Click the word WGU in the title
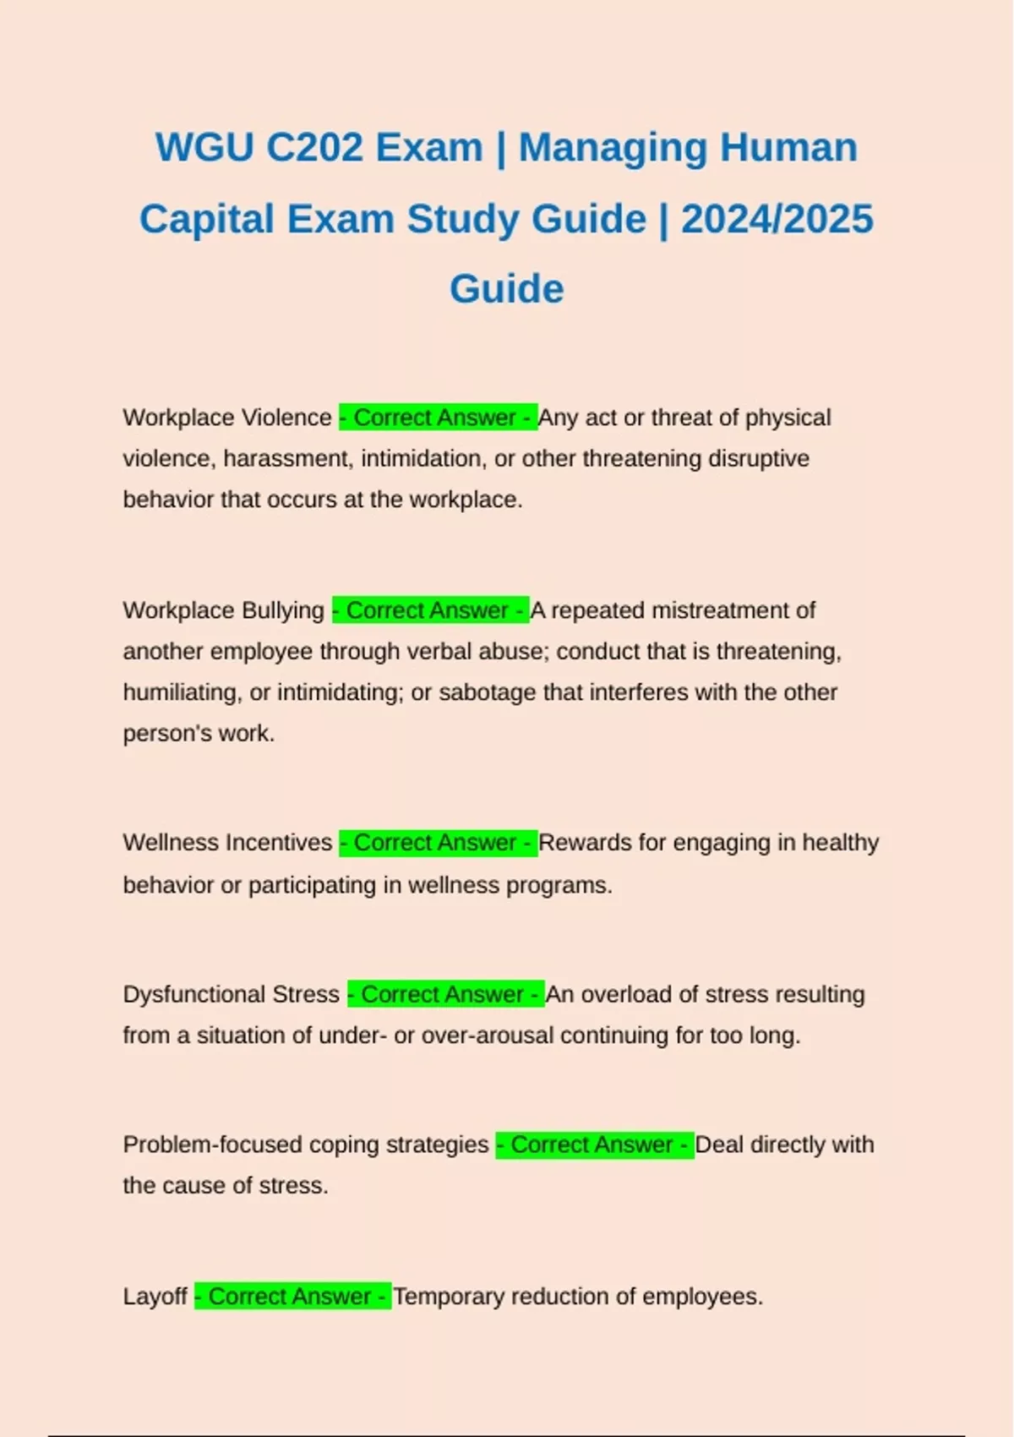click(x=204, y=148)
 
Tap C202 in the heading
click(x=314, y=148)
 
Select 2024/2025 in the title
click(x=777, y=219)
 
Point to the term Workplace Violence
click(x=227, y=418)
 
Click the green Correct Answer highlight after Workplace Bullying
click(x=430, y=610)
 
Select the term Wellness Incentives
click(x=227, y=843)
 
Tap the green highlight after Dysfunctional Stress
click(x=445, y=994)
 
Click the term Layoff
click(x=155, y=1297)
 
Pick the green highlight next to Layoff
click(x=292, y=1297)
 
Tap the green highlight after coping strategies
click(x=594, y=1145)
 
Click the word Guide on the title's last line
click(x=506, y=289)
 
